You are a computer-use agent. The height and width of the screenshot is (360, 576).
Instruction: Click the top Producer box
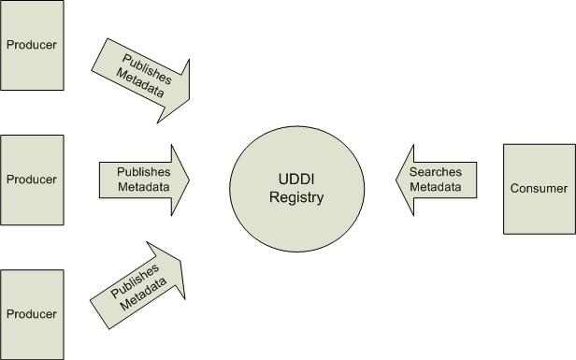(x=32, y=44)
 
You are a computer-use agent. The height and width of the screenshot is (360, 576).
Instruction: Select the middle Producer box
(x=32, y=179)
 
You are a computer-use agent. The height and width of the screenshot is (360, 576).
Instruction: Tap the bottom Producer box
(x=32, y=313)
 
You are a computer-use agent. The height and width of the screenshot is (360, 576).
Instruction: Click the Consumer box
(x=539, y=188)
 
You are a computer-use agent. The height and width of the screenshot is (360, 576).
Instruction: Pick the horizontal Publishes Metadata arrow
(x=143, y=179)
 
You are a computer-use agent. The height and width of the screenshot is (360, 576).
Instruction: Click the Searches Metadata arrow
(x=438, y=179)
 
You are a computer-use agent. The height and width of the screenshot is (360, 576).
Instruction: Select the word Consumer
(x=539, y=188)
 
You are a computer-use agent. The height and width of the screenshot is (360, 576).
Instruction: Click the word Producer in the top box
(x=32, y=45)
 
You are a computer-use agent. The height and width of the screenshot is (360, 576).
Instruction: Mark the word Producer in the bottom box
(x=32, y=314)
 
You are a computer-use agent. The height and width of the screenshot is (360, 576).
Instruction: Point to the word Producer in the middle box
(x=32, y=180)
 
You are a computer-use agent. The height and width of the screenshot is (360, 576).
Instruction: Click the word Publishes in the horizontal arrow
(x=143, y=172)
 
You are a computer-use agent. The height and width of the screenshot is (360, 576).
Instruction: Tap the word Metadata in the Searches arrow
(x=438, y=186)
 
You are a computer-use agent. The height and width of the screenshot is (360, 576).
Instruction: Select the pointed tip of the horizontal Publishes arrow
(x=189, y=179)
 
